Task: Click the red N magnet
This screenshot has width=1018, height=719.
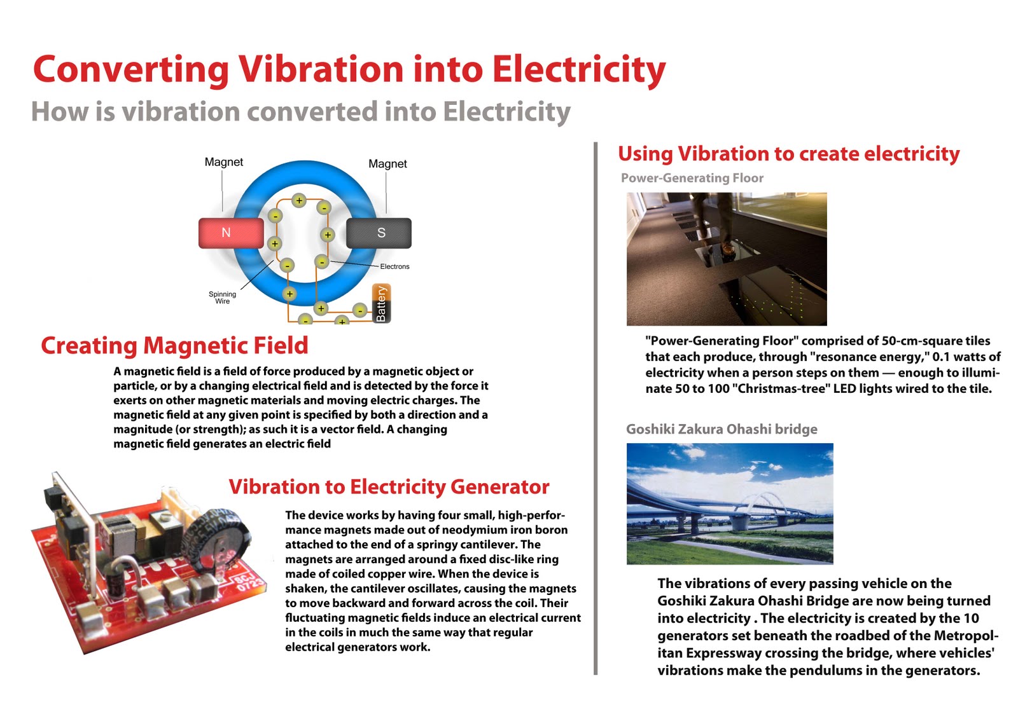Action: pyautogui.click(x=231, y=233)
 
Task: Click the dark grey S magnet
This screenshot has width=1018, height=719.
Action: pyautogui.click(x=379, y=233)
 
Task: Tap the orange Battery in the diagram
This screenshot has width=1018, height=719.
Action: pyautogui.click(x=381, y=303)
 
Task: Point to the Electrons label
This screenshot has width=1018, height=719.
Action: pyautogui.click(x=394, y=266)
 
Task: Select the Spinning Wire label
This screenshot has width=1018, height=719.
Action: pyautogui.click(x=222, y=298)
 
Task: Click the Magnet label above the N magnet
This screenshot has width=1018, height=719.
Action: pyautogui.click(x=223, y=162)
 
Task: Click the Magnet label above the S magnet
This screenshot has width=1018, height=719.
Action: pyautogui.click(x=387, y=163)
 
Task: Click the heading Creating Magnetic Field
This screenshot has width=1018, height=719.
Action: pyautogui.click(x=174, y=345)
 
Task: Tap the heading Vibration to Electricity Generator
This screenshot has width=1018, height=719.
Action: pyautogui.click(x=389, y=486)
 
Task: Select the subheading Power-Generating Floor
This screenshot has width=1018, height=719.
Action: pyautogui.click(x=692, y=178)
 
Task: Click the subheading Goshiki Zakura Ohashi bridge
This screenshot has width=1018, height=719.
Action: pyautogui.click(x=722, y=429)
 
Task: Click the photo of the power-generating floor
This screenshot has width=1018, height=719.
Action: pyautogui.click(x=727, y=259)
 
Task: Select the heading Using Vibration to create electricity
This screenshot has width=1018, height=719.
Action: pyautogui.click(x=788, y=154)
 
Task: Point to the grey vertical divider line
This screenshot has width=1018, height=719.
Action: pyautogui.click(x=596, y=407)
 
